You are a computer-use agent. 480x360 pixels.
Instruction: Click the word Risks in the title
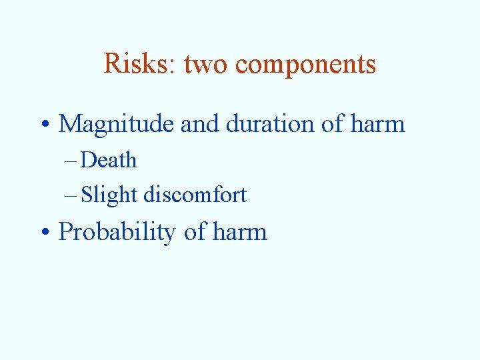[137, 64]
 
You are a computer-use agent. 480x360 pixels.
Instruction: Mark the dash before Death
[71, 161]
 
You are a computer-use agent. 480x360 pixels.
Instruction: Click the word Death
[109, 161]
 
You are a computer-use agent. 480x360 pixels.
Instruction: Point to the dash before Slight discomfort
[71, 195]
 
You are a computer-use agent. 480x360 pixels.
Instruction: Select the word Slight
[109, 195]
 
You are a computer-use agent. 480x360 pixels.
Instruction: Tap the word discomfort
[195, 195]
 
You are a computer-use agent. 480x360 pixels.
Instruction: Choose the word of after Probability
[195, 232]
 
